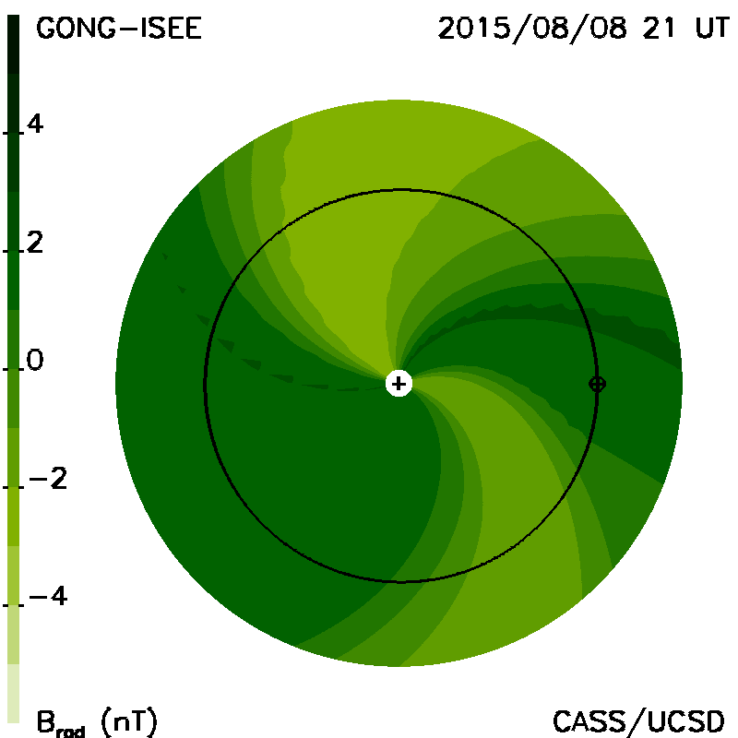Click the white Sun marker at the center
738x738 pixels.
(399, 384)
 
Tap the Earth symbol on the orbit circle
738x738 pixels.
(597, 384)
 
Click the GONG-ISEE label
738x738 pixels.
(119, 29)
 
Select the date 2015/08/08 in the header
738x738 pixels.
(532, 29)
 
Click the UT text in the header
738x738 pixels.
(712, 29)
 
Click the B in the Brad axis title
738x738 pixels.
(46, 721)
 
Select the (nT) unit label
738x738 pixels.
(129, 722)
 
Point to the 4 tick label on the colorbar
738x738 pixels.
(35, 124)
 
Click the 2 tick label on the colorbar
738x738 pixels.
(35, 243)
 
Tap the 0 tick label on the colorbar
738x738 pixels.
(35, 360)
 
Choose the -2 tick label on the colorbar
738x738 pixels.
(48, 478)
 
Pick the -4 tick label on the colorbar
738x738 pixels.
(48, 596)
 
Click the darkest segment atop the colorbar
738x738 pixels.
(13, 44)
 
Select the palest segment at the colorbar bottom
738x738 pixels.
(13, 693)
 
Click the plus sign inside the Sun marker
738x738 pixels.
(399, 384)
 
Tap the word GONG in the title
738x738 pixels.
(76, 29)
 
